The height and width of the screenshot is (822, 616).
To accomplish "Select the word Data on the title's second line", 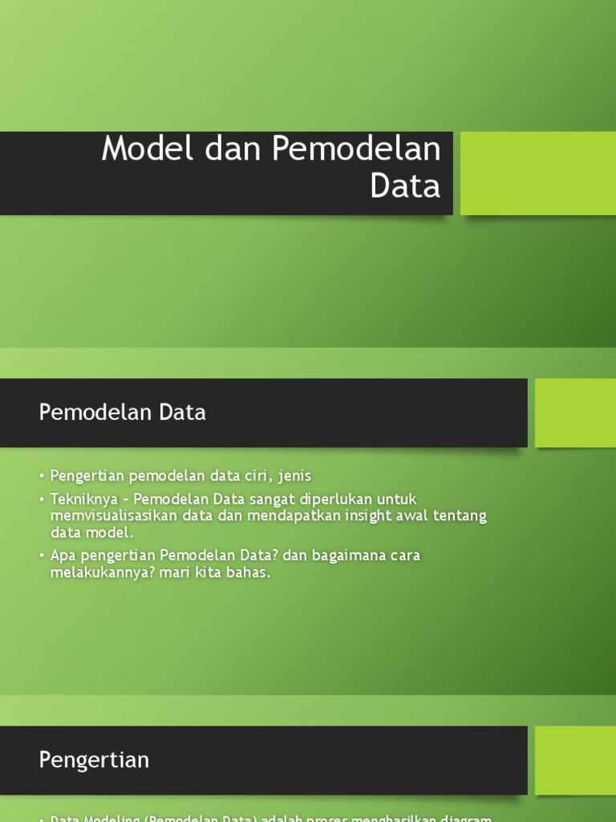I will [405, 185].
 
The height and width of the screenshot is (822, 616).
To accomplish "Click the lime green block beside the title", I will [537, 173].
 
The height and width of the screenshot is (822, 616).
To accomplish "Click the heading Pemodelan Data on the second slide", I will [123, 413].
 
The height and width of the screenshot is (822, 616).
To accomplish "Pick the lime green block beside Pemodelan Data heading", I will [575, 413].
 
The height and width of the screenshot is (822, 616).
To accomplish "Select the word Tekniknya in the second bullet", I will [83, 499].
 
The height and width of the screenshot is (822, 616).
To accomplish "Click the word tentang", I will [460, 515].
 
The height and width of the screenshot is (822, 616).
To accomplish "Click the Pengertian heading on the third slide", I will [94, 760].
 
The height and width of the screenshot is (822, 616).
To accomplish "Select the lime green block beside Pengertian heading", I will [575, 760].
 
